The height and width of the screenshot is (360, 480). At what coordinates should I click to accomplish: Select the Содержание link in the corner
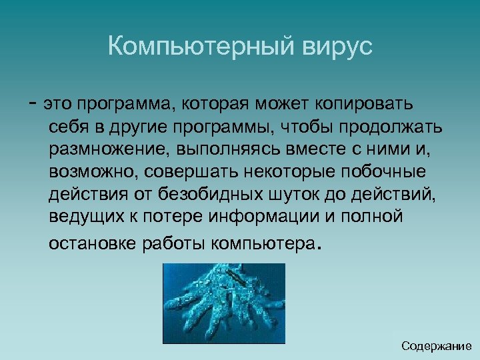tap(436, 346)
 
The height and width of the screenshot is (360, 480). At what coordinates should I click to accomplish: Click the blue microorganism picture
tap(223, 303)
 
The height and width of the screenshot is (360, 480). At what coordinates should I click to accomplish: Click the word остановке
tap(93, 243)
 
